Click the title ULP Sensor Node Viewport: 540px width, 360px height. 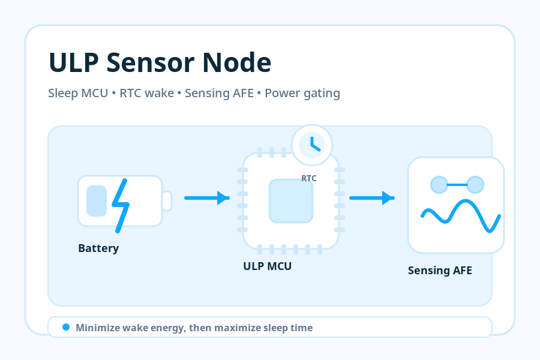pyautogui.click(x=160, y=62)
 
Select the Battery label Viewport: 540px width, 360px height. pyautogui.click(x=98, y=248)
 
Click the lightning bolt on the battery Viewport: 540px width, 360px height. pyautogui.click(x=120, y=206)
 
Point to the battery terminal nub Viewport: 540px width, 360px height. pyautogui.click(x=167, y=201)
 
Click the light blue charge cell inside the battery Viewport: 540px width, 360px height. pyautogui.click(x=97, y=201)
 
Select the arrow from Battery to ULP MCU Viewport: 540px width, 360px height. pyautogui.click(x=207, y=198)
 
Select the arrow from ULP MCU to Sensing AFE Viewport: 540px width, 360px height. pyautogui.click(x=372, y=198)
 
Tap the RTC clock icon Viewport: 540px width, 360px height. pyautogui.click(x=312, y=145)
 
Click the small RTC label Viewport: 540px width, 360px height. pyautogui.click(x=309, y=178)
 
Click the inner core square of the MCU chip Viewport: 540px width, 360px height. pyautogui.click(x=291, y=201)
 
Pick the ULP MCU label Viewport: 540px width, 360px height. pyautogui.click(x=267, y=266)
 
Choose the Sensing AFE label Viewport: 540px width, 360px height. pyautogui.click(x=440, y=271)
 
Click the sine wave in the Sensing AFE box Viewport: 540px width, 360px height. pyautogui.click(x=461, y=215)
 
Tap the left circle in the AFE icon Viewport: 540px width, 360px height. pyautogui.click(x=439, y=185)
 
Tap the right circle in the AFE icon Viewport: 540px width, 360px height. pyautogui.click(x=475, y=185)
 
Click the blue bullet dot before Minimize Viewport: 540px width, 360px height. pyautogui.click(x=66, y=327)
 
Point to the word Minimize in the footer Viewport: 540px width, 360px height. pyautogui.click(x=98, y=328)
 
